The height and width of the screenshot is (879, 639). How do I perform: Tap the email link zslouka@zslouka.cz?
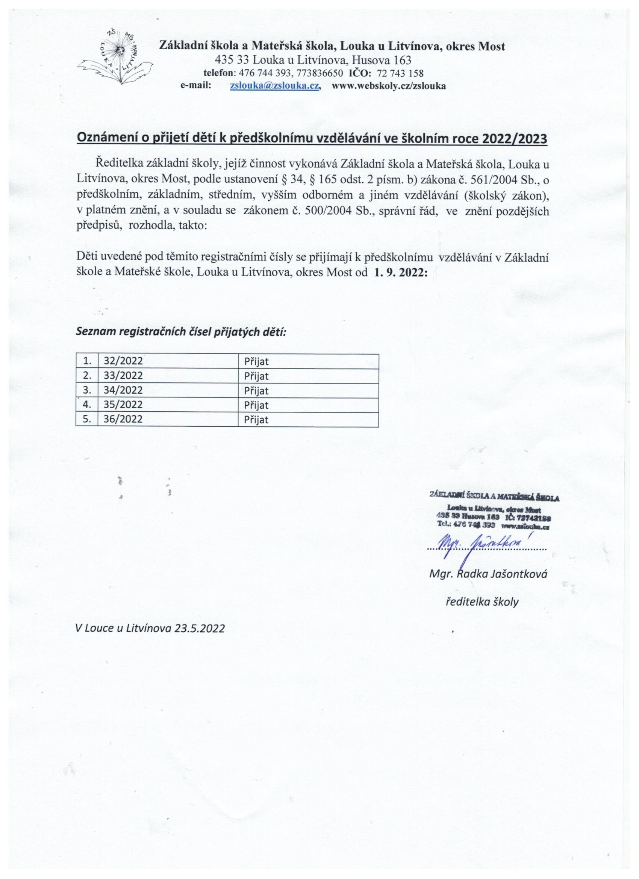click(274, 86)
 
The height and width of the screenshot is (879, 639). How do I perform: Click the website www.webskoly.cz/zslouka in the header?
click(389, 86)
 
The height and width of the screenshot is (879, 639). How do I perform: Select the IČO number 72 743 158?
click(400, 73)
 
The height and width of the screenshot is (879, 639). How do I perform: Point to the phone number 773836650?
click(319, 73)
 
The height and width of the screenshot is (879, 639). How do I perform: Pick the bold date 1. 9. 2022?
click(401, 272)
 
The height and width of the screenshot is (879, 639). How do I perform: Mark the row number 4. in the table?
click(87, 405)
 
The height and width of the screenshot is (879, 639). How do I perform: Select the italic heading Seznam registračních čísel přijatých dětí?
click(180, 332)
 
